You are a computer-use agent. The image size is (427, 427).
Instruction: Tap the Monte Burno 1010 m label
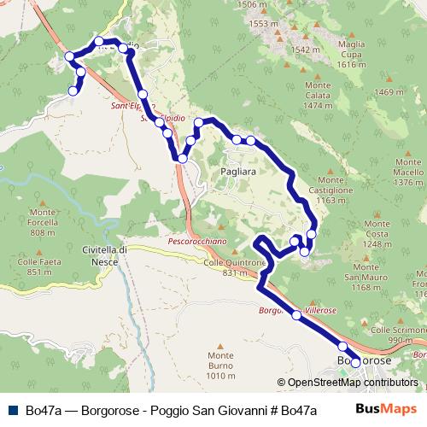coord(219,366)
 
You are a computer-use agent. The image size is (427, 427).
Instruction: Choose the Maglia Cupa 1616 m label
coord(352,54)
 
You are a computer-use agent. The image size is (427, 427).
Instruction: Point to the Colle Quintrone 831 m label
coord(231,267)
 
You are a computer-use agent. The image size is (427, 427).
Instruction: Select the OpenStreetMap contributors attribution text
coord(351,382)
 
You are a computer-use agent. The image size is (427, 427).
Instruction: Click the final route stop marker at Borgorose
coord(356,362)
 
